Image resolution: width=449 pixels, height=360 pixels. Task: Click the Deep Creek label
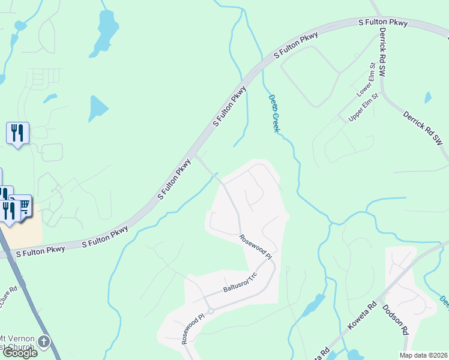(274, 113)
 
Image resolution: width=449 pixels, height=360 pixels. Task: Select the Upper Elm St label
(363, 107)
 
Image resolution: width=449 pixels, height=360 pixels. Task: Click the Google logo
(19, 353)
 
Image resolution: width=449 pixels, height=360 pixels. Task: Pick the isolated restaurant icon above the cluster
(17, 132)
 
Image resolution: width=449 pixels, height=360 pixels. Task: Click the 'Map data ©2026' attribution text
(424, 355)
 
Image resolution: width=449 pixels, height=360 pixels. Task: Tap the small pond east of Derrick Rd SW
(427, 97)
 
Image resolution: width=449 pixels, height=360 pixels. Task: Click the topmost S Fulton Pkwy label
(382, 23)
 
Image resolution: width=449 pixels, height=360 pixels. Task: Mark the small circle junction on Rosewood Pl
(210, 311)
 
